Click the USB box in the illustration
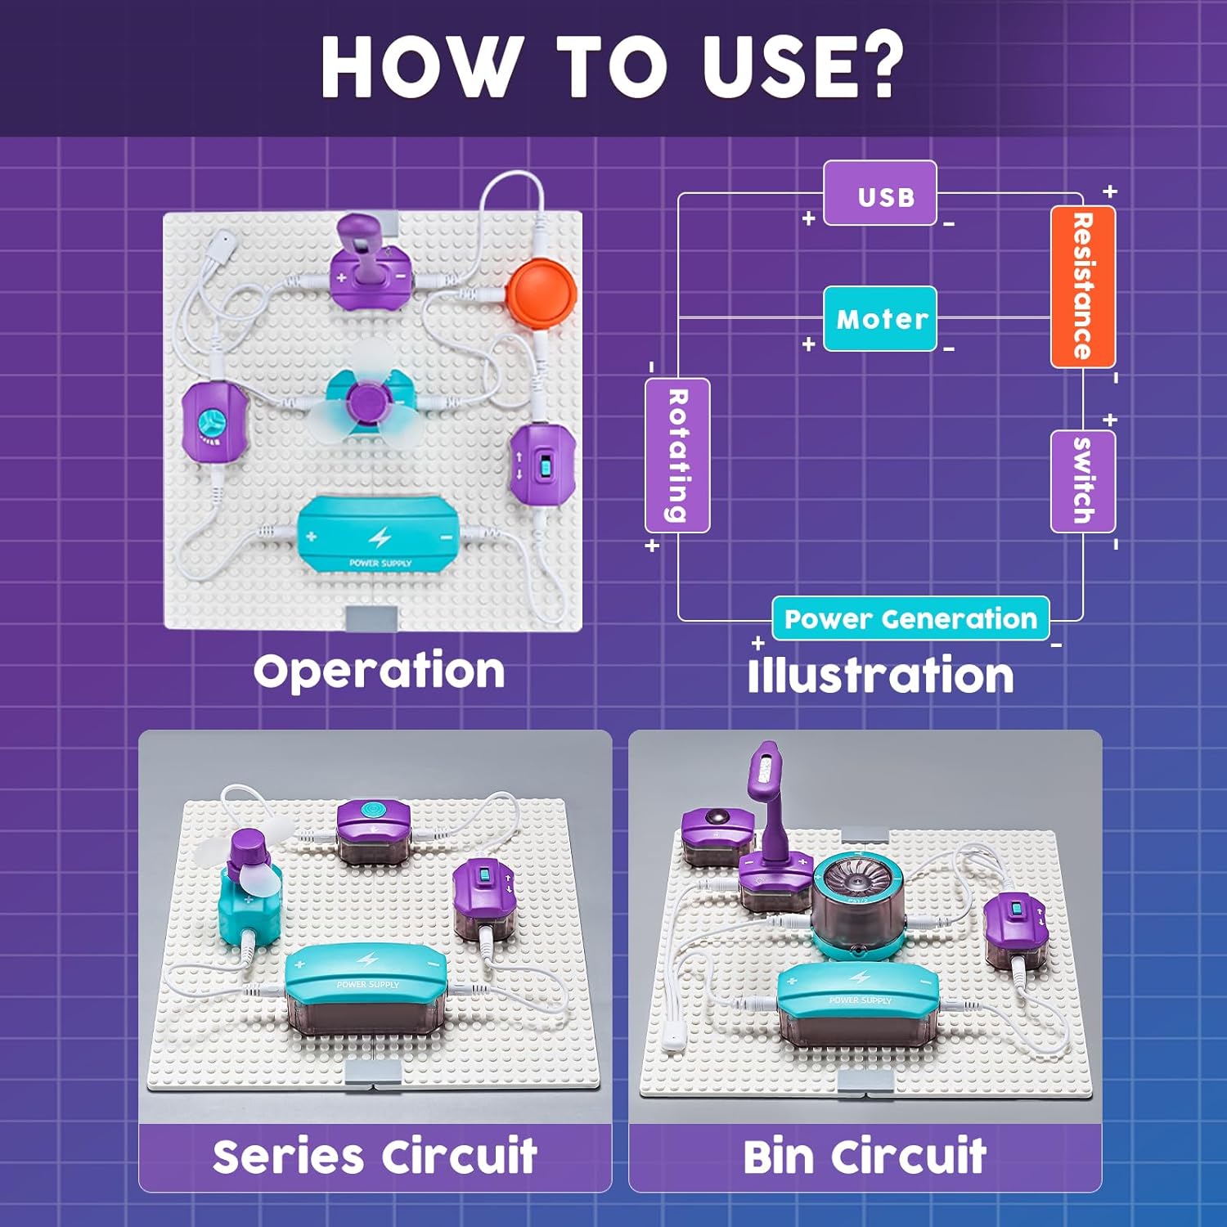coord(879,194)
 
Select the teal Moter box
coord(880,318)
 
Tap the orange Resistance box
coord(1082,286)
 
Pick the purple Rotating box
coord(677,455)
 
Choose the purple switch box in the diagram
coord(1082,481)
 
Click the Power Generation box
coord(910,618)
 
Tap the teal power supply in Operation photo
coord(379,537)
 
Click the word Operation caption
coord(379,672)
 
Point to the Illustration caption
coord(880,676)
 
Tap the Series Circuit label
coord(375,1157)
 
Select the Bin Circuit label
coord(865,1157)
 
